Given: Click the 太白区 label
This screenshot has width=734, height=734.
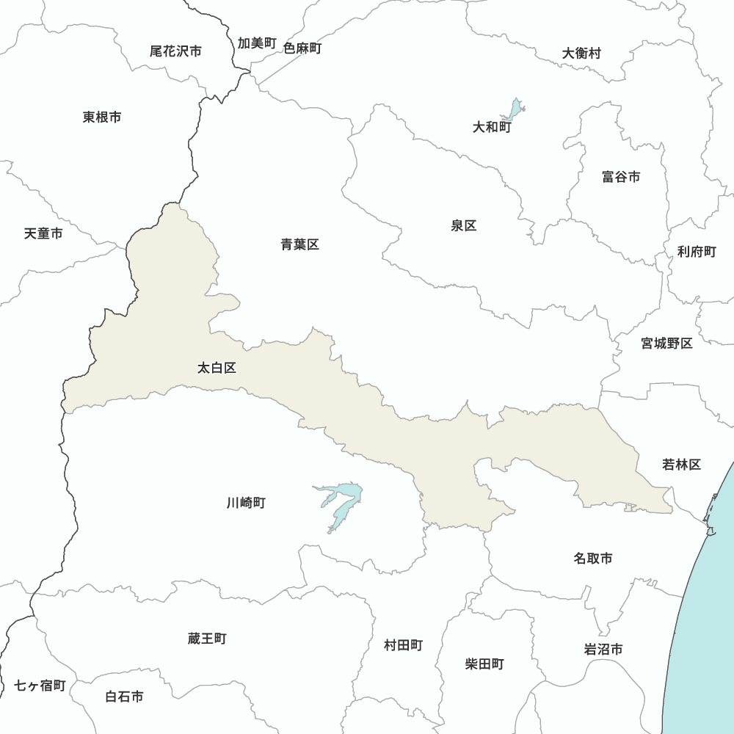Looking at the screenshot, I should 217,368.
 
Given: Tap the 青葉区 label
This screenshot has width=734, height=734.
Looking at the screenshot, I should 299,244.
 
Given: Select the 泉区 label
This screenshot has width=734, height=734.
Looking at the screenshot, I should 464,225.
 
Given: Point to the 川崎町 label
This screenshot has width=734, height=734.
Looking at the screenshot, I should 246,503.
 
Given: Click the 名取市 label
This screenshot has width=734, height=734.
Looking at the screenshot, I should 592,559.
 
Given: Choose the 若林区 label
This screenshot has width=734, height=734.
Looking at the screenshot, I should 681,464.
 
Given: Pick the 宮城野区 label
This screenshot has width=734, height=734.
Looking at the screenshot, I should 666,343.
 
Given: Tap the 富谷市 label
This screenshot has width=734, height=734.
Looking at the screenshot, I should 620,177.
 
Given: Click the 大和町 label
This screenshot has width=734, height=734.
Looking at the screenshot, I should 491,127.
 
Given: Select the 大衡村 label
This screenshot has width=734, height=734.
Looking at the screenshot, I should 581,54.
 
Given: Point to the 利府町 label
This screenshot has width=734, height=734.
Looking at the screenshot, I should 697,252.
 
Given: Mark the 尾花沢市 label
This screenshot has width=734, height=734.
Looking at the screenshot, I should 175,51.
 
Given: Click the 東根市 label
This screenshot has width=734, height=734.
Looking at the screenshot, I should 102,117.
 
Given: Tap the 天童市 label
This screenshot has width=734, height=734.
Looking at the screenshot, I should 43,233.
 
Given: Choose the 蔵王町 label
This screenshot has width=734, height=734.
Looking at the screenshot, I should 207,639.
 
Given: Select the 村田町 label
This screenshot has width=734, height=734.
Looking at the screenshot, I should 403,645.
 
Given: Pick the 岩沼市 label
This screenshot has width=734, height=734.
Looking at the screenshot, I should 603,650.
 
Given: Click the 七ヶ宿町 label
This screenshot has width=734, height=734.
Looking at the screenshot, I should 40,686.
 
